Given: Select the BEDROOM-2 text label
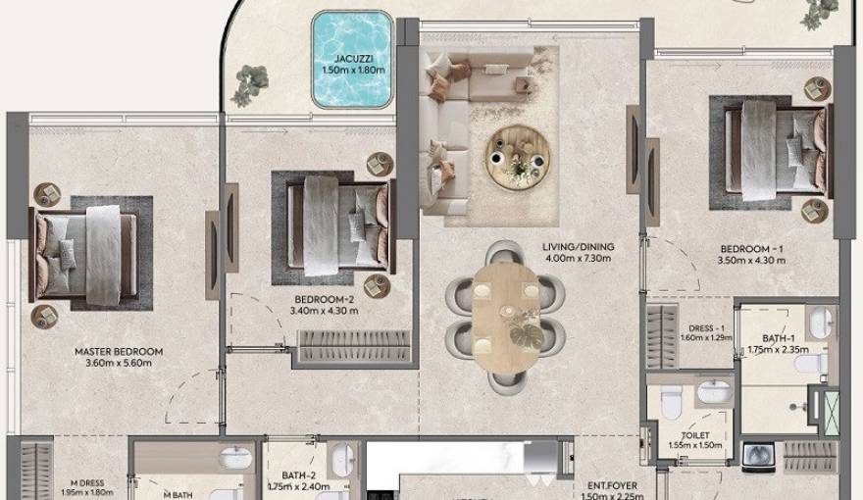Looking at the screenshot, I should (x=326, y=300).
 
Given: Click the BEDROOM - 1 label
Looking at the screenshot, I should (x=752, y=249).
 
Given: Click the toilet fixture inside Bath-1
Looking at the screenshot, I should (x=809, y=365).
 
